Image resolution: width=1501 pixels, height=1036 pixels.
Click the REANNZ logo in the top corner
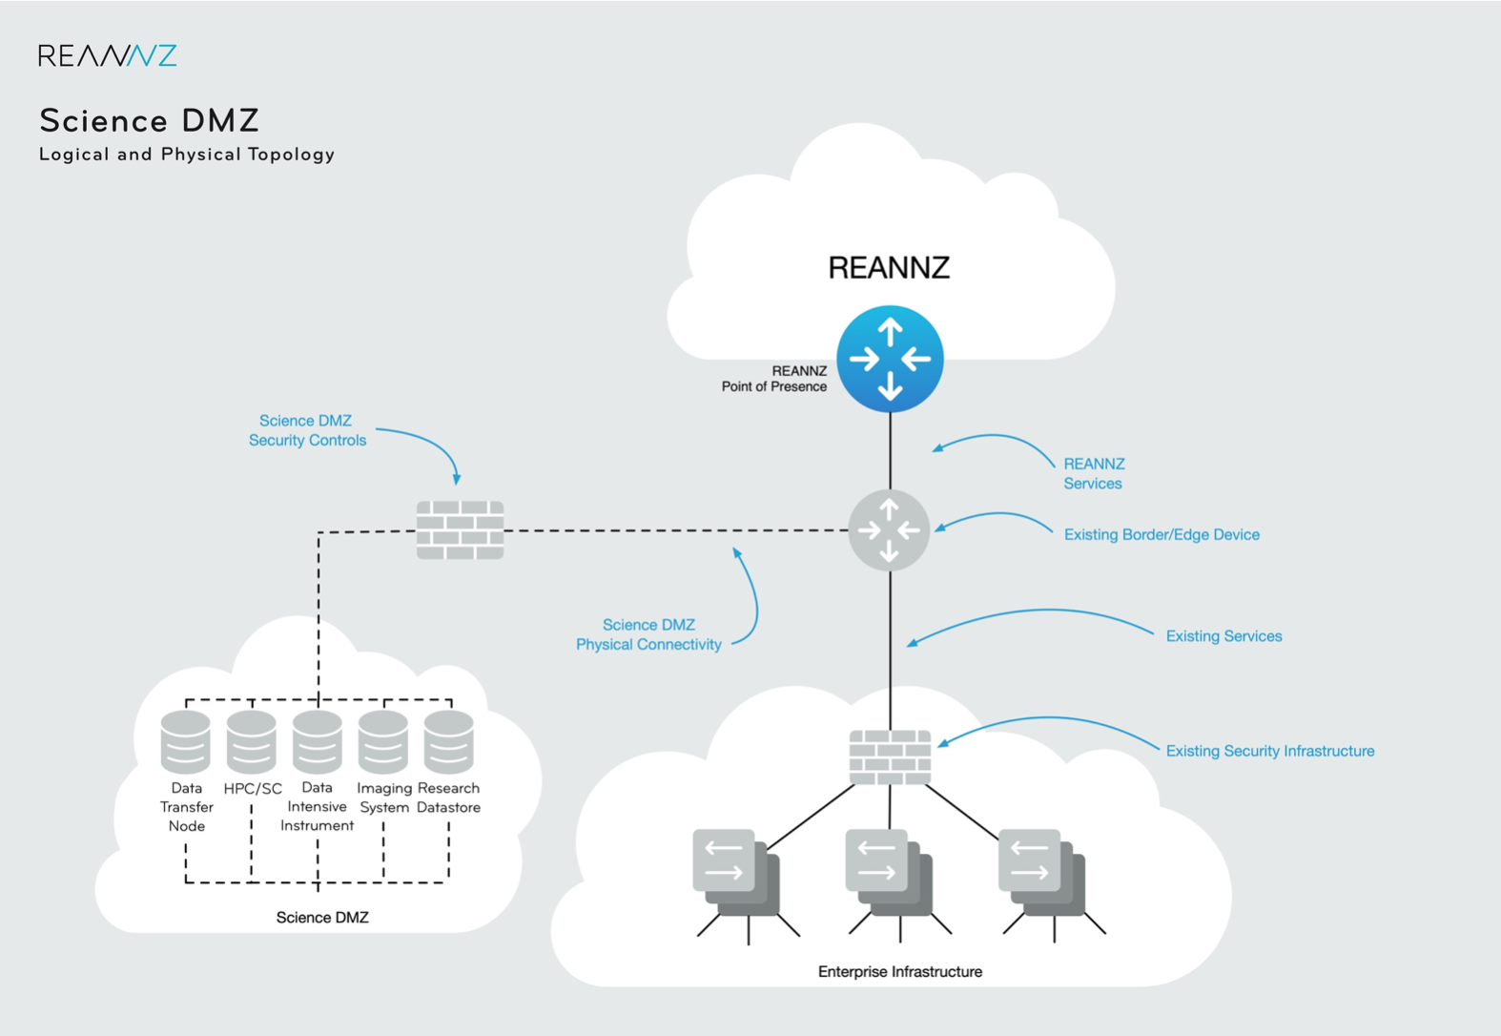coord(107,55)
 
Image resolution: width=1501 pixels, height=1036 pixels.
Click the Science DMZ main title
coord(150,121)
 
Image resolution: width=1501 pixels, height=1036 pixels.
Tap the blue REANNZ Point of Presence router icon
coord(890,359)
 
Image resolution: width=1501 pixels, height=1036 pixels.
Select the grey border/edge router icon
coord(889,530)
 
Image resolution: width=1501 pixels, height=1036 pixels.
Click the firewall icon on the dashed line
coord(460,530)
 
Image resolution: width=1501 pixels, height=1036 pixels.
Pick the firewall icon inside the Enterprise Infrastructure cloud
coord(890,757)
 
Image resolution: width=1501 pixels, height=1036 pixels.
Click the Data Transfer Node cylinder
coord(186,741)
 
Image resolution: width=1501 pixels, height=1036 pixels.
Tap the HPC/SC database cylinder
coord(252,741)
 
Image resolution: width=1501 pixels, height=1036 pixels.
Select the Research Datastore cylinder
coord(448,741)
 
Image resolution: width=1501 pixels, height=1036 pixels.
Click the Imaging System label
coord(384,798)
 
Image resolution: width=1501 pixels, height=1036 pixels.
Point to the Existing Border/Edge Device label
coord(1162,534)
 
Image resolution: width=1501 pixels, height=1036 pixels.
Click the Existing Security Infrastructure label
coord(1269,751)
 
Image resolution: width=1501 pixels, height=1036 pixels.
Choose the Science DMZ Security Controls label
coord(307,430)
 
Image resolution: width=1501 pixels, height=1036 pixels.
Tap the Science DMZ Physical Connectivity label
coord(648,634)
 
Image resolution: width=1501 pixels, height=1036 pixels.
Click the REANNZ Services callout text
coord(1094,473)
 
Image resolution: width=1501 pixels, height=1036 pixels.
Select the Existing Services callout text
coord(1223,636)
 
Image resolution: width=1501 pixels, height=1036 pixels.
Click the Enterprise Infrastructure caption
coord(899,971)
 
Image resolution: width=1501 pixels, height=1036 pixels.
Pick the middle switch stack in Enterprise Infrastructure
coord(888,873)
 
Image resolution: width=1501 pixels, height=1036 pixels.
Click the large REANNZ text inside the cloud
coord(889,268)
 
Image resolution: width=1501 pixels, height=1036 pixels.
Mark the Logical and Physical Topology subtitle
coord(187,155)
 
